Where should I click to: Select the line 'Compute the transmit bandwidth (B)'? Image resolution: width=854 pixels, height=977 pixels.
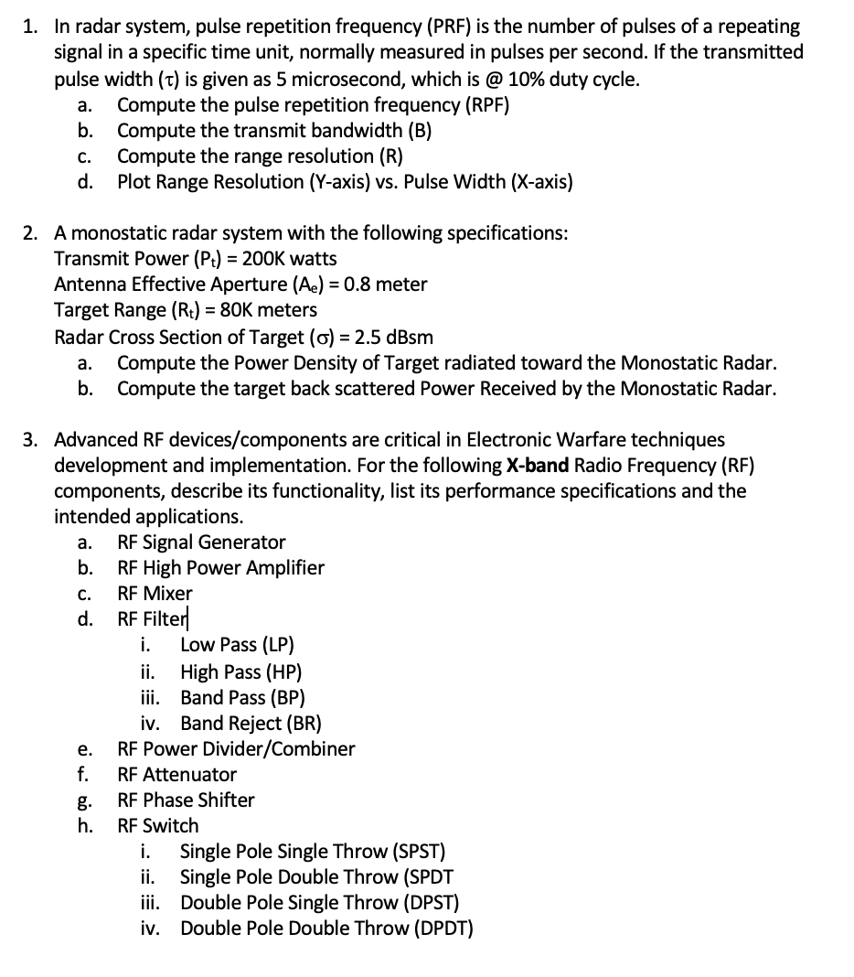[x=274, y=130]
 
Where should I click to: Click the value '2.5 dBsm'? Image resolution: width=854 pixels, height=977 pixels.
[x=395, y=336]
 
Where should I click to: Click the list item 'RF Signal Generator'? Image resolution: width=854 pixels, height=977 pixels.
[x=201, y=542]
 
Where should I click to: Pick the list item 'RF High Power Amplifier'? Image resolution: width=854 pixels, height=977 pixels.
[x=220, y=567]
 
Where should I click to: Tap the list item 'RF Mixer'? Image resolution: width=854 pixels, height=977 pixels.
[x=155, y=593]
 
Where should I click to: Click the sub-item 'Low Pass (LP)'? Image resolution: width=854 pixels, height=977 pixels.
[x=237, y=646]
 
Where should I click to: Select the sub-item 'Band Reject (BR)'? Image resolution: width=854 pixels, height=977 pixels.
[x=251, y=723]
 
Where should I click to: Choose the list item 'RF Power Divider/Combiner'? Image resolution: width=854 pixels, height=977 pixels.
[x=236, y=748]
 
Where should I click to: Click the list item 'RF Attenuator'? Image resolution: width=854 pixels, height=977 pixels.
[x=176, y=774]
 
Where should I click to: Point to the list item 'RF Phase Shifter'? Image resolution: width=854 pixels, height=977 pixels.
[x=186, y=800]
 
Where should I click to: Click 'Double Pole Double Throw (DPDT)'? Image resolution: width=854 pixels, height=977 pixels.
[x=326, y=928]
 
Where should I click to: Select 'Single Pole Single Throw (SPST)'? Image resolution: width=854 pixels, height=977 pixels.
[x=313, y=851]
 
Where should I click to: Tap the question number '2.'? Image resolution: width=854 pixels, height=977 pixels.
[x=31, y=233]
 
